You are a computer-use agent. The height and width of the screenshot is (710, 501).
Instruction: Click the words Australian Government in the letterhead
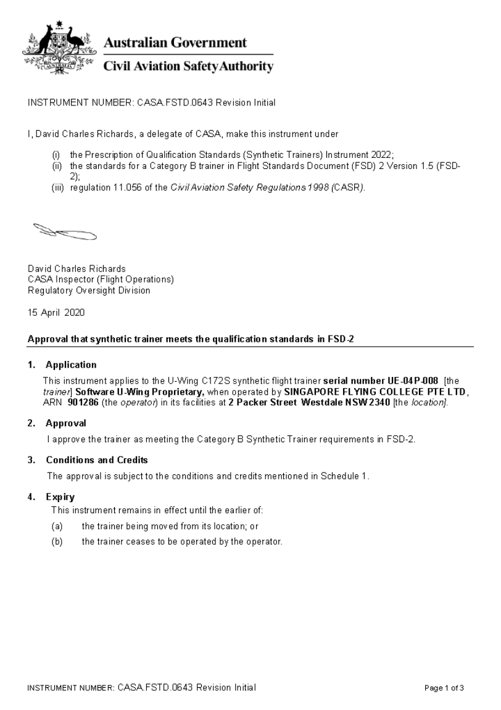tap(175, 43)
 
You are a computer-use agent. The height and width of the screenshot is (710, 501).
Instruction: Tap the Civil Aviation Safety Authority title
tap(188, 67)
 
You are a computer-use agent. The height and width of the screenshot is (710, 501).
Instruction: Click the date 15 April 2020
tap(56, 312)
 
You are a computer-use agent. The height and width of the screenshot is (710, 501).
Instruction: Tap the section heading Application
tap(71, 365)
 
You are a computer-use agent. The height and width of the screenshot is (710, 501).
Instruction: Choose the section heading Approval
tap(65, 423)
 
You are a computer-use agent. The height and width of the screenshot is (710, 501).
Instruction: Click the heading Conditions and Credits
tap(97, 460)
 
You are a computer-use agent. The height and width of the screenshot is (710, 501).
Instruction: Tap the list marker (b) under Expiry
tap(57, 542)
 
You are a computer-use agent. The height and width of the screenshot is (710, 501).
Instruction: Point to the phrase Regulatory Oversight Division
tap(89, 290)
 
